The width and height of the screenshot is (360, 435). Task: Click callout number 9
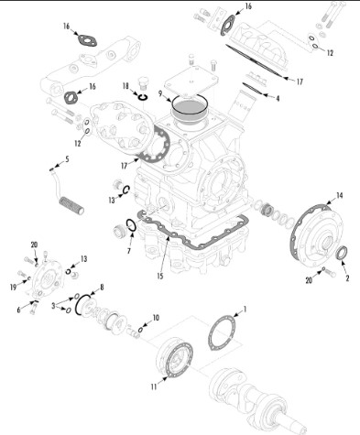click(x=160, y=93)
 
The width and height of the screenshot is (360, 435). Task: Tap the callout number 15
click(x=160, y=276)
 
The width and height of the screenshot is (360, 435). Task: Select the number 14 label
click(x=340, y=195)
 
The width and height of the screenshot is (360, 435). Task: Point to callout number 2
click(x=347, y=277)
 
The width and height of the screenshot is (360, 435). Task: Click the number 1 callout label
click(x=245, y=310)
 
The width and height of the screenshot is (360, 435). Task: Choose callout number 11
click(x=154, y=386)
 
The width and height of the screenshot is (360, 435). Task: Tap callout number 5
click(x=67, y=158)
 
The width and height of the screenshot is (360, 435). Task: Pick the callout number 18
click(x=125, y=86)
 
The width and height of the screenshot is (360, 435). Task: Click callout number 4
click(x=278, y=98)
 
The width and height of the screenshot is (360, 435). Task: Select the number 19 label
click(x=13, y=287)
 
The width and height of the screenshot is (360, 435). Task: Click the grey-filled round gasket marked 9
click(x=189, y=108)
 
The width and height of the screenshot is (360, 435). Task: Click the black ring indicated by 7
click(x=131, y=226)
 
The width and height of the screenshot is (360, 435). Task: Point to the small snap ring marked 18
click(x=143, y=97)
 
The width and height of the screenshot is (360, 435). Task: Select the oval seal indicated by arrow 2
click(x=342, y=253)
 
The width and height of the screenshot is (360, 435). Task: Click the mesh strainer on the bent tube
click(x=71, y=205)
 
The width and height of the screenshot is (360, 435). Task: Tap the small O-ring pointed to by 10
click(x=140, y=330)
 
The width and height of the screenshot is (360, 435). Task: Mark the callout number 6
click(x=18, y=310)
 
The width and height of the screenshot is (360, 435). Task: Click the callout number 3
click(x=53, y=305)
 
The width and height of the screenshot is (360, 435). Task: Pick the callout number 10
click(x=156, y=318)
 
